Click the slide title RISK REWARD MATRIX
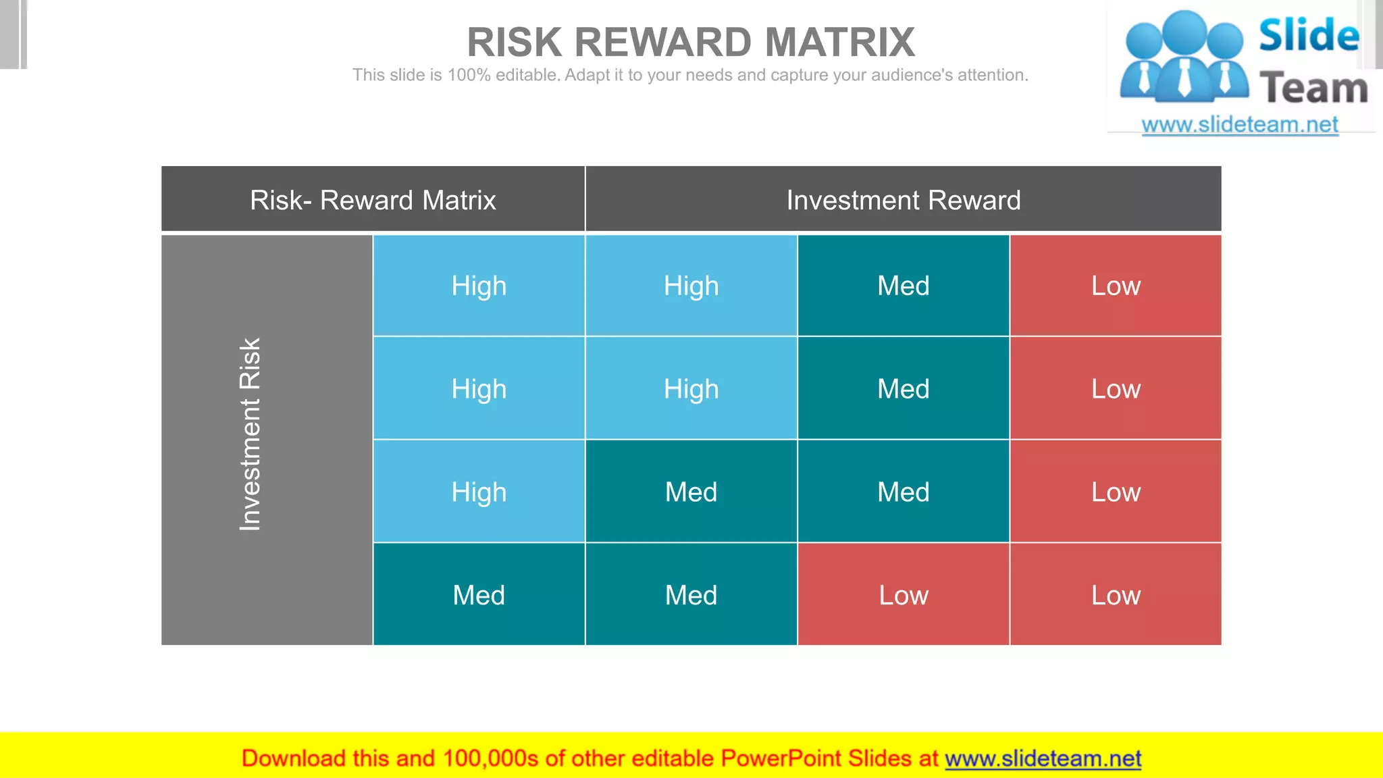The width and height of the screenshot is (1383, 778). point(690,43)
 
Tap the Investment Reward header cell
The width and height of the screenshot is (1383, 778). point(903,200)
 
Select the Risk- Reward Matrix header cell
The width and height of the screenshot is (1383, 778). point(373,200)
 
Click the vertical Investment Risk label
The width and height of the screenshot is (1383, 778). point(250,434)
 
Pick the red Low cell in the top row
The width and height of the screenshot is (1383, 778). point(1116,286)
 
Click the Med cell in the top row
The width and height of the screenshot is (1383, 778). point(903,286)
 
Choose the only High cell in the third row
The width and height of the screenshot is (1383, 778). point(479,492)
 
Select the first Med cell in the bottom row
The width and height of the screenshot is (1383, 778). point(479,595)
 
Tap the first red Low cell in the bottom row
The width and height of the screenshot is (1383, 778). point(903,595)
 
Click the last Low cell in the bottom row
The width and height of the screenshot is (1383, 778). point(1116,595)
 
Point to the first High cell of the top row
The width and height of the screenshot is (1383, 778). point(479,286)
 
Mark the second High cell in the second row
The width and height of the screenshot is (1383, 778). point(691,389)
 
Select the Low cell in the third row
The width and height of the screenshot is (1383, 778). point(1116,492)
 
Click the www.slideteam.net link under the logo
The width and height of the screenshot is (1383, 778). point(1240,125)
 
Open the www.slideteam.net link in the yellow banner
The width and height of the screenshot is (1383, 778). point(1043,758)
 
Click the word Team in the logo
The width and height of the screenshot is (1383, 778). point(1313,88)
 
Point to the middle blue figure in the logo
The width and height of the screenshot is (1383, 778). point(1185,57)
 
